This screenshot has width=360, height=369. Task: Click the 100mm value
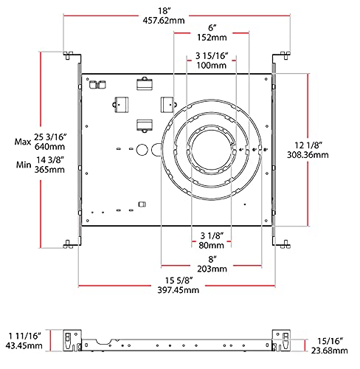(x=212, y=66)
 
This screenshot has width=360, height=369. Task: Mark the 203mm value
(x=212, y=270)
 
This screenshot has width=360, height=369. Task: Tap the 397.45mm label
(x=176, y=291)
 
